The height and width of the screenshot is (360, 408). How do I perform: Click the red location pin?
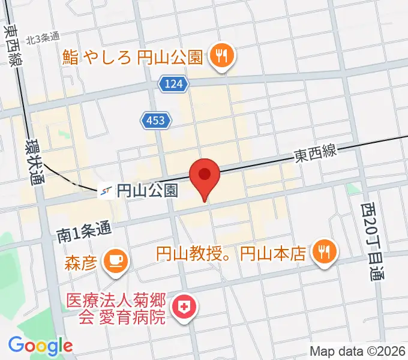pyautogui.click(x=204, y=176)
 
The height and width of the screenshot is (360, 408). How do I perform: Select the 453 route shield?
pyautogui.click(x=157, y=121)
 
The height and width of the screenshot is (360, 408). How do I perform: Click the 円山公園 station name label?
pyautogui.click(x=146, y=191)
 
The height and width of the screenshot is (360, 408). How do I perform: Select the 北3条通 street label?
pyautogui.click(x=43, y=38)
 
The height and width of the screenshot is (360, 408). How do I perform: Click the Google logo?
pyautogui.click(x=40, y=346)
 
